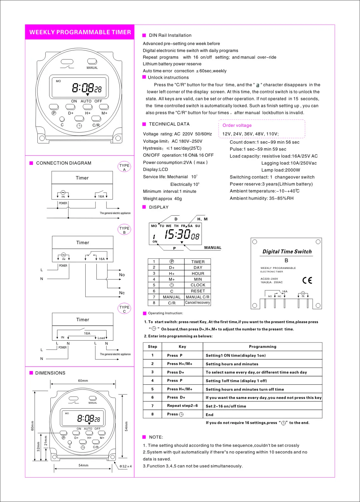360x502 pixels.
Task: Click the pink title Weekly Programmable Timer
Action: pos(80,32)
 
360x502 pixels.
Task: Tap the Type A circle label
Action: pos(124,167)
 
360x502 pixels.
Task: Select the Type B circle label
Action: pos(124,230)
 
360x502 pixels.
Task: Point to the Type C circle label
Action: pos(124,309)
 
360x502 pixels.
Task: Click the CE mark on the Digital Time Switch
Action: pos(307,280)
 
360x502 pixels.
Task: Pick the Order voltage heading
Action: pos(237,125)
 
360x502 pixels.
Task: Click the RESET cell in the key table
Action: pos(198,291)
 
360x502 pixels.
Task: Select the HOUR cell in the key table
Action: pos(198,273)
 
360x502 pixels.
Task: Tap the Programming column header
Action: pos(262,347)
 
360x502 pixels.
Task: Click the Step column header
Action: pos(152,347)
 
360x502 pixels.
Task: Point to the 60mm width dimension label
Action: pos(83,381)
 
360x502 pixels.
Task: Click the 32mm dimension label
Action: pos(39,447)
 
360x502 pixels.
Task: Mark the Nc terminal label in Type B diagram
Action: pos(122,293)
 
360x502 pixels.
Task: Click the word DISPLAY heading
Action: pos(159,207)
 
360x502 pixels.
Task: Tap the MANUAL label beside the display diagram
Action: pos(213,248)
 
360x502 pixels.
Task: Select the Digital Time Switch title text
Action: pos(287,251)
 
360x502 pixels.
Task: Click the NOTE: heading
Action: pos(156,437)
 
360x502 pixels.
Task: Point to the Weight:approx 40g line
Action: pos(162,199)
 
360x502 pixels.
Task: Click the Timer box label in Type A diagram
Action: pos(82,178)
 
